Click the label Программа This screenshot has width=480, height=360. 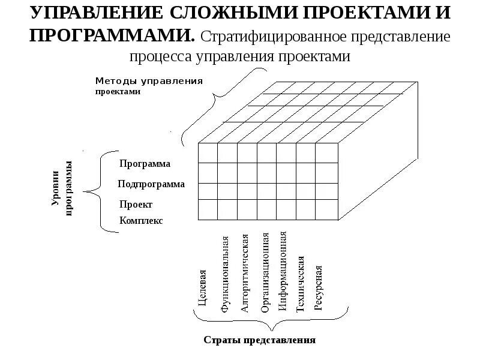click(145, 164)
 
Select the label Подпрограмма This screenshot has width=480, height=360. click(151, 184)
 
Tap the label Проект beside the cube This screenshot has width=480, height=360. click(136, 204)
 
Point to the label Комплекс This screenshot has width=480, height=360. click(141, 221)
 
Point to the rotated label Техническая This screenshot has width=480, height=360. click(301, 284)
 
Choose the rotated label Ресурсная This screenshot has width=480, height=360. click(319, 288)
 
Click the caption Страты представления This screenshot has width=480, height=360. click(259, 340)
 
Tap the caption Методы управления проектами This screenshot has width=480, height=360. click(149, 86)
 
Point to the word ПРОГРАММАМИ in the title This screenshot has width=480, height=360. click(112, 34)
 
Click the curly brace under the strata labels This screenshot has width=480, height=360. click(271, 322)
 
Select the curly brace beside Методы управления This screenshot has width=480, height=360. click(222, 102)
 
